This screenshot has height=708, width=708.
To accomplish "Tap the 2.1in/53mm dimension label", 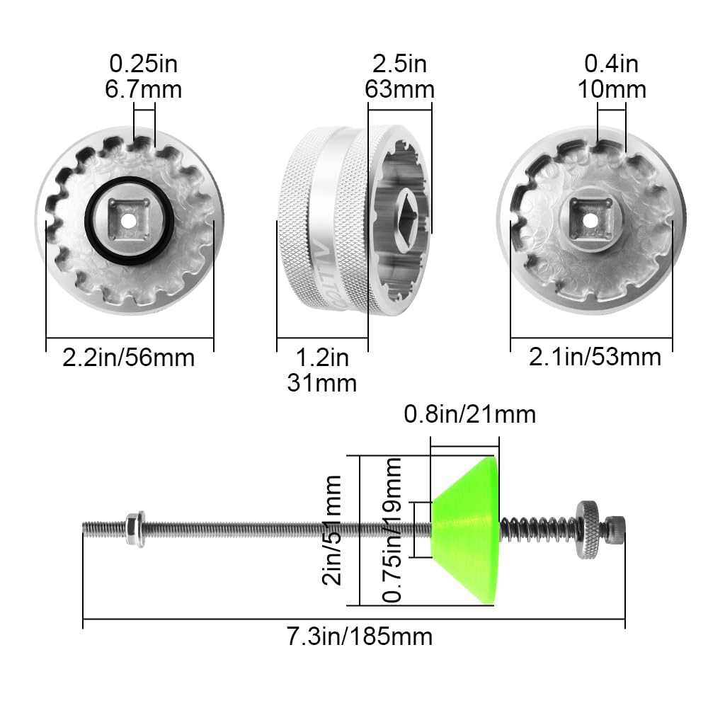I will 595,358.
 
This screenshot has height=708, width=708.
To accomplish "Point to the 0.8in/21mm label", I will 469,413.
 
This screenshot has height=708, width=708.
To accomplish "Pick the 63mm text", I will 399,89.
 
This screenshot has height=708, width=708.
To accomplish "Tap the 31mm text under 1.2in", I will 321,383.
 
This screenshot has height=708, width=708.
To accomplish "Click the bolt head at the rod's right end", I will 615,529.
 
